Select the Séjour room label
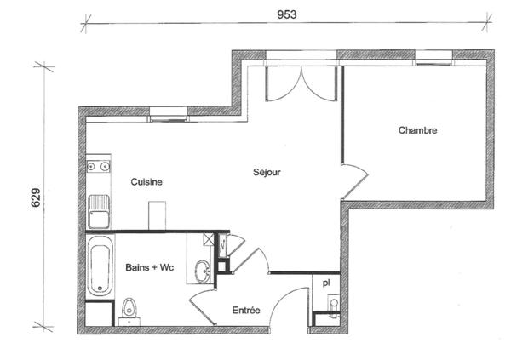(267, 172)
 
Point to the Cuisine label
(146, 182)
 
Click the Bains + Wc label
(150, 267)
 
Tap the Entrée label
(246, 310)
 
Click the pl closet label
(326, 283)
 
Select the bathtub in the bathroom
(100, 267)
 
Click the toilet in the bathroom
(129, 307)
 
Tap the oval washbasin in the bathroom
(203, 271)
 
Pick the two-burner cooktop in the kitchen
(99, 166)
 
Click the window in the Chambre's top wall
(434, 57)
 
